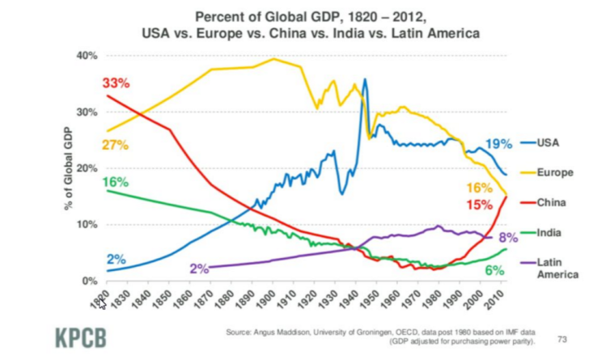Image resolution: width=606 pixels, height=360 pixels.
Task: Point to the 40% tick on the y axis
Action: (x=87, y=56)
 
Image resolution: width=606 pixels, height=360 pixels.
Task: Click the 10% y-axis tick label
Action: (x=87, y=224)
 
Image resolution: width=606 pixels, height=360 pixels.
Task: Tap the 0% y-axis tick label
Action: (x=89, y=280)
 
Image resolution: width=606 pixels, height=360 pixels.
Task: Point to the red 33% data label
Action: (x=116, y=83)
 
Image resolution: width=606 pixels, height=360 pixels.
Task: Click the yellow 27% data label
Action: (x=116, y=145)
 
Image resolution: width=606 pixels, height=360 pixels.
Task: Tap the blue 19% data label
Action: (x=498, y=144)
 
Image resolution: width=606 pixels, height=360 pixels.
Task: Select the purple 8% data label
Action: (x=507, y=238)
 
